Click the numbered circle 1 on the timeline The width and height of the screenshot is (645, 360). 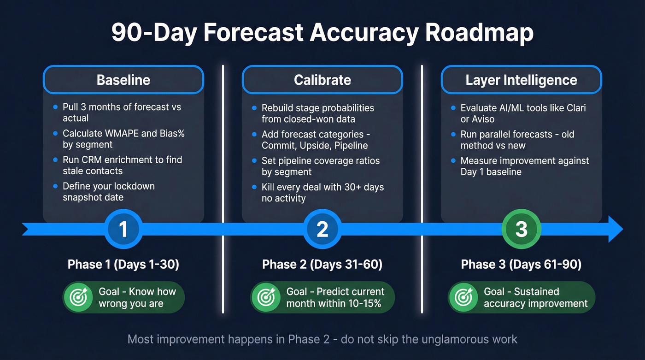(123, 229)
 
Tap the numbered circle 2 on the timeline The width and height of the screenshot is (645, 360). (322, 229)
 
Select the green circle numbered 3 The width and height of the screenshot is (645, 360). (521, 229)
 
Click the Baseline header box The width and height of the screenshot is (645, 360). (123, 80)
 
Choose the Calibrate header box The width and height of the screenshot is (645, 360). (322, 80)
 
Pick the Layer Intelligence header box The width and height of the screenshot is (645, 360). (522, 80)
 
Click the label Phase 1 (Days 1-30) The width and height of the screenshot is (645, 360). (123, 264)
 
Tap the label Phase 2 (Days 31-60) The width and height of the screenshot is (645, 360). (322, 264)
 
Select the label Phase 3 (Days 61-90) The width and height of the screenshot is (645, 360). (521, 264)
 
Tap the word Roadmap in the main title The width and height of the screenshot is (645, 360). (479, 33)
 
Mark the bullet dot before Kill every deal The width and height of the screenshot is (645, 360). (254, 187)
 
